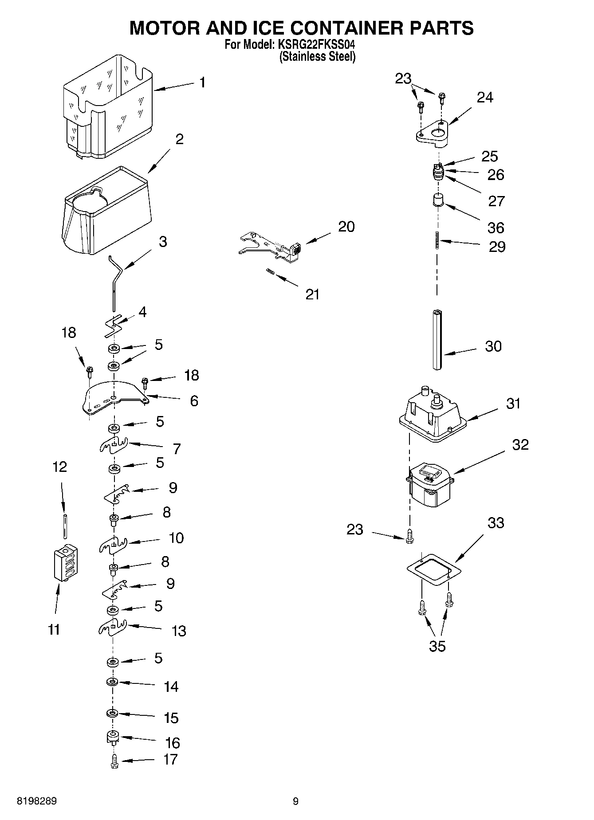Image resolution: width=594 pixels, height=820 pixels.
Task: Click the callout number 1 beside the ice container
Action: [x=202, y=82]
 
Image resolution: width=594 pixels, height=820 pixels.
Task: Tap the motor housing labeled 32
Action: [x=429, y=485]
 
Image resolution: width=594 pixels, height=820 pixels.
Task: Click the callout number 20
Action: [x=346, y=227]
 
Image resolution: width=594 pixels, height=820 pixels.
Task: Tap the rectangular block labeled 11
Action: [x=65, y=563]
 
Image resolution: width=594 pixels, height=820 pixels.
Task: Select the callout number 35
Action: [x=437, y=646]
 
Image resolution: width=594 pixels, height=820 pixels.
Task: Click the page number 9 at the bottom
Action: [x=295, y=801]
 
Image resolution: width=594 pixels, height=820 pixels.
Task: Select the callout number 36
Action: [x=496, y=228]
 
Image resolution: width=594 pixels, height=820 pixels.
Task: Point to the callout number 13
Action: [x=179, y=631]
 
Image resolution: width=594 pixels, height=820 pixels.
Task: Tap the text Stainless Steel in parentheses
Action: [x=317, y=57]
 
